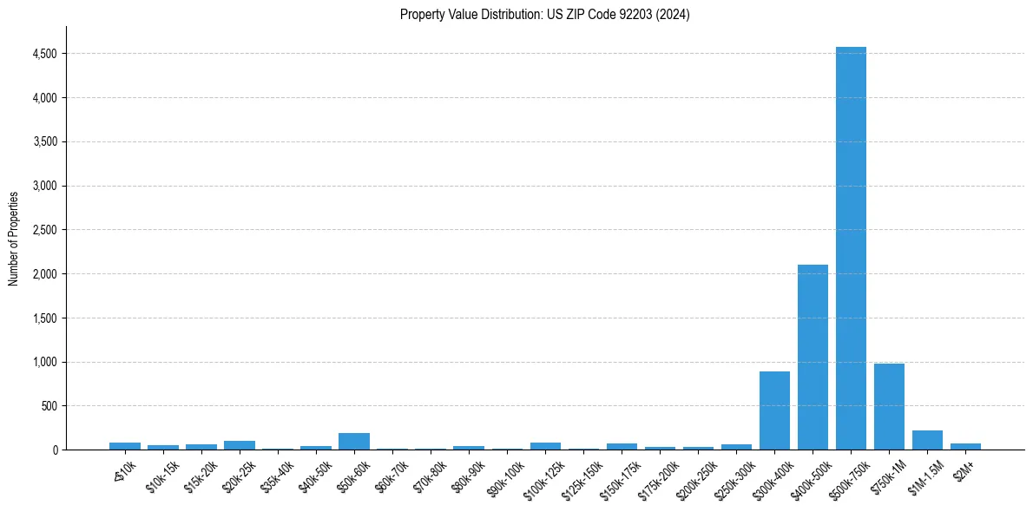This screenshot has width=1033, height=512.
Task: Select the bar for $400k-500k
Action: tap(813, 357)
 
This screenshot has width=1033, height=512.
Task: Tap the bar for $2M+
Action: tap(965, 446)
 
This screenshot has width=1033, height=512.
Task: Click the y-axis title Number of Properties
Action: tap(14, 238)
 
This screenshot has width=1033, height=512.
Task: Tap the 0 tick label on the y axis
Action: tap(54, 450)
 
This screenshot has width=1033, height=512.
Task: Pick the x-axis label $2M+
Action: tap(964, 469)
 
